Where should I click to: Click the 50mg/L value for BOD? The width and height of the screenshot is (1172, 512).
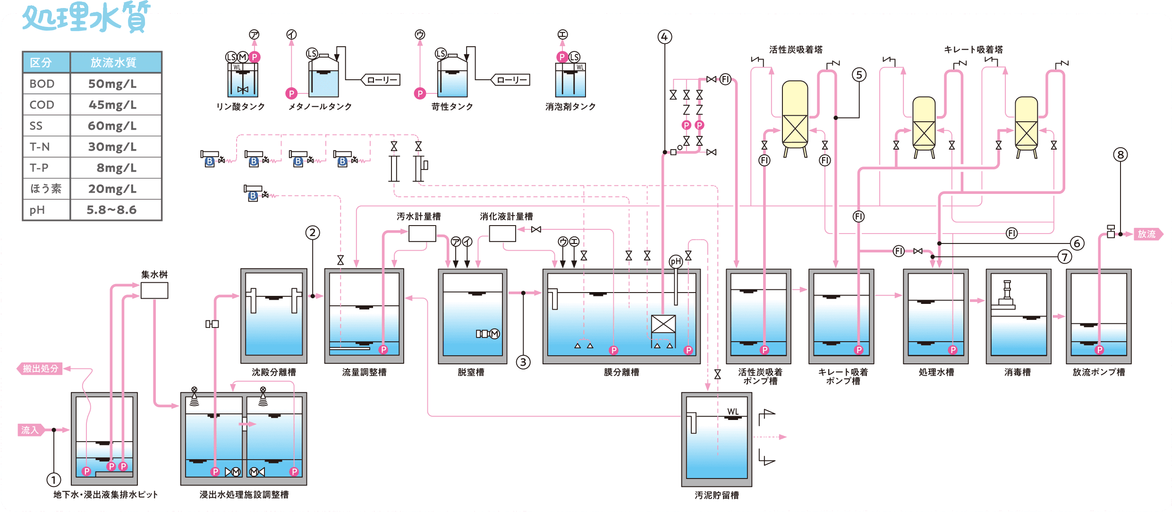pos(112,84)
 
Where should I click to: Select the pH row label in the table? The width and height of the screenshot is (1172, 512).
pos(37,210)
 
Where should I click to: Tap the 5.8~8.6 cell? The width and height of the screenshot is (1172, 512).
pos(112,210)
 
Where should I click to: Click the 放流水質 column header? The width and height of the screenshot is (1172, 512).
pos(113,62)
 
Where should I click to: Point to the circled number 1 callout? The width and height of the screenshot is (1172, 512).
pos(54,480)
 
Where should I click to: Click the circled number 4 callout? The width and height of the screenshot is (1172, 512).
pos(665,37)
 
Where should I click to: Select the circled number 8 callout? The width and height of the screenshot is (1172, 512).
pos(1121,155)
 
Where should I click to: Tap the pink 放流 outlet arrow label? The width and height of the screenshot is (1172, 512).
pos(1147,234)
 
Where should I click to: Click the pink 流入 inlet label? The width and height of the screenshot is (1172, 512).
pos(30,430)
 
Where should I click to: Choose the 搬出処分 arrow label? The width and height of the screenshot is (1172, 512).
pos(41,369)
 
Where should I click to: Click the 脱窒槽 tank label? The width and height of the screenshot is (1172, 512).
pos(471,372)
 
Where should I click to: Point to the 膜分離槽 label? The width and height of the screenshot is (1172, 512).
pos(621,372)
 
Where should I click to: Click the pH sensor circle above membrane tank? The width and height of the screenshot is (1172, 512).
pos(676,261)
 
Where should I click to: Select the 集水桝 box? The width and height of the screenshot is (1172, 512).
pos(154,291)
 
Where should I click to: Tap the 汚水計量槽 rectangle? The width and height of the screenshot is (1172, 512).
pos(422,234)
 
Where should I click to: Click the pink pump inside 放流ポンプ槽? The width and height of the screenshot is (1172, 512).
pos(1099,350)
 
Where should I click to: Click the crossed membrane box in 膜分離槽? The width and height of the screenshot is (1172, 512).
pos(663,324)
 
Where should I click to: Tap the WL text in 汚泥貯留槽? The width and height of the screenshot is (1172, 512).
pos(733,411)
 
